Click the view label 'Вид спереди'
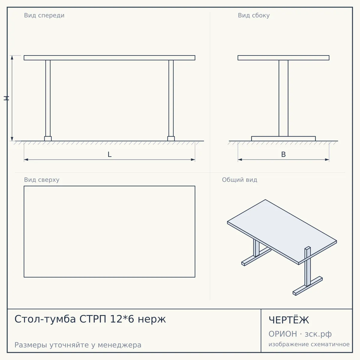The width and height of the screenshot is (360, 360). (x=44, y=15)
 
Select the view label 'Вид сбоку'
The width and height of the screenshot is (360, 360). (x=254, y=15)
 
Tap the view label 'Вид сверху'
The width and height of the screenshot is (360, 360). (x=42, y=180)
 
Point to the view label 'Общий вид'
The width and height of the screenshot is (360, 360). (x=239, y=180)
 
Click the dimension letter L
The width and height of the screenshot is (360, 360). (x=109, y=154)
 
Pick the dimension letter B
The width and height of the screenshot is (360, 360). (x=283, y=154)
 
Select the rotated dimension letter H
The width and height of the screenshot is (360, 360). (x=6, y=98)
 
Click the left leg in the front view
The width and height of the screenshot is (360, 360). (x=48, y=98)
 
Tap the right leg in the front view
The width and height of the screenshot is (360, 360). (x=171, y=98)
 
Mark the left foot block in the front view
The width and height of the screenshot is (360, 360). (x=48, y=139)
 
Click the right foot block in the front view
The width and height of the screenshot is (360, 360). (x=171, y=139)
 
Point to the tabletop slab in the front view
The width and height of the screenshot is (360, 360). (x=109, y=58)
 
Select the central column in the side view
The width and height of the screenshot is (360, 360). (x=283, y=98)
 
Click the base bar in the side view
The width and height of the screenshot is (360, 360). (x=283, y=139)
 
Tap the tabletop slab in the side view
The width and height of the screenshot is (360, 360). (x=283, y=58)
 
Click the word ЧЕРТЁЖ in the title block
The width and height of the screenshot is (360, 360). (x=289, y=320)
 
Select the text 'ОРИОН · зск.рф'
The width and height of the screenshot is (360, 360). (x=300, y=334)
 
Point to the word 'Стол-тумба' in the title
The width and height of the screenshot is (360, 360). (x=45, y=319)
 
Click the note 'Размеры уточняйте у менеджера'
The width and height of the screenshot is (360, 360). (x=78, y=345)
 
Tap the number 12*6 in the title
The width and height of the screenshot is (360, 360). (x=122, y=319)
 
